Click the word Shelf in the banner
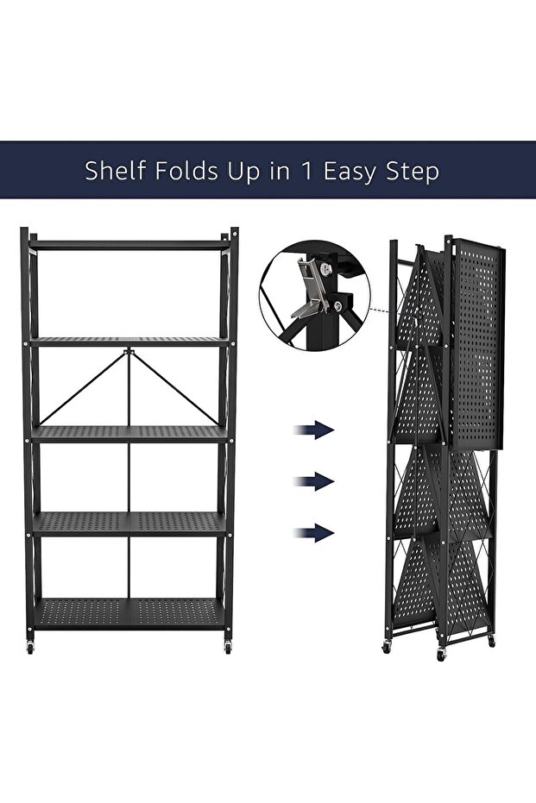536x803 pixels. point(116,171)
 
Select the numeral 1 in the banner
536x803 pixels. point(306,171)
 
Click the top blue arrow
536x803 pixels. point(313,430)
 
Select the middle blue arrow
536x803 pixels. point(313,481)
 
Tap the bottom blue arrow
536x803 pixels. point(313,533)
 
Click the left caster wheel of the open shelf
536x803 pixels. point(30,647)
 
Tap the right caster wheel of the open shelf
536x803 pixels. point(228,647)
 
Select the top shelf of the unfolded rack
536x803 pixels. point(129,245)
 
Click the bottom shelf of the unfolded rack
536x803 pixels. point(129,612)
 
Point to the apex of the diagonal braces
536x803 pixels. point(129,352)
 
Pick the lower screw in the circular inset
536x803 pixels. point(337,306)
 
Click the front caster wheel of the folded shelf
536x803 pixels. point(440,655)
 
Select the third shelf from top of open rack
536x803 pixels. point(129,434)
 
